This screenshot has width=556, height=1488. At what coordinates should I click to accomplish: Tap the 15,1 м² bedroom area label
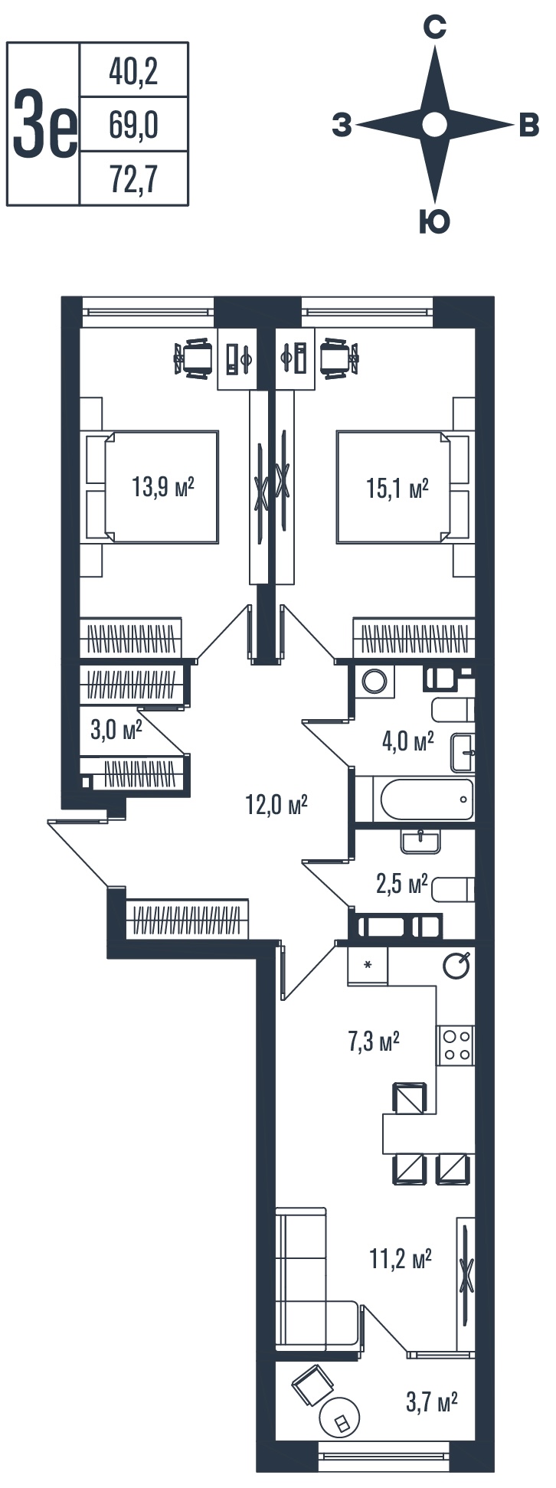click(x=397, y=488)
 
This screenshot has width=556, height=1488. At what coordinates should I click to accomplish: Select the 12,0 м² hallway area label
click(x=276, y=803)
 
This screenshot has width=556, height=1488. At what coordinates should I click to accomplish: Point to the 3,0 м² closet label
click(x=116, y=729)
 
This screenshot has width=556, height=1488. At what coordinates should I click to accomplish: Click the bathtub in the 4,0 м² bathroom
click(x=427, y=800)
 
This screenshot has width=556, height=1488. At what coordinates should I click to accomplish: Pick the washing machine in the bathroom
click(x=375, y=681)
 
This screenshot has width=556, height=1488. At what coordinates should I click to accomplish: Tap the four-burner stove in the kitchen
click(x=456, y=1045)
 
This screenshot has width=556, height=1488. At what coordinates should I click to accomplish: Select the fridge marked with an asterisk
click(x=368, y=966)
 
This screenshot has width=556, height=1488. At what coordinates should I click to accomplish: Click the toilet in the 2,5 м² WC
click(x=453, y=889)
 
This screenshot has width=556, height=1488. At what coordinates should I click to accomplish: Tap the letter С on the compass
click(x=435, y=29)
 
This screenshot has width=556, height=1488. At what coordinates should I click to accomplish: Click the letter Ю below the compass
click(x=434, y=222)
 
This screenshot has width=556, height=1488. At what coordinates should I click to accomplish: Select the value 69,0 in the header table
click(x=133, y=125)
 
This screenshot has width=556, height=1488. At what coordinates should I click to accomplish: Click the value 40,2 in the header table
click(x=133, y=72)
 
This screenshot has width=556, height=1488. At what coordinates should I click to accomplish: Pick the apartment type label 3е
click(x=44, y=124)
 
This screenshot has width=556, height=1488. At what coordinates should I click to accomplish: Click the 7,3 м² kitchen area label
click(x=374, y=1042)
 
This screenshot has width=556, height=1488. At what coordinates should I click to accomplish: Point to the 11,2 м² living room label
click(x=401, y=1259)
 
